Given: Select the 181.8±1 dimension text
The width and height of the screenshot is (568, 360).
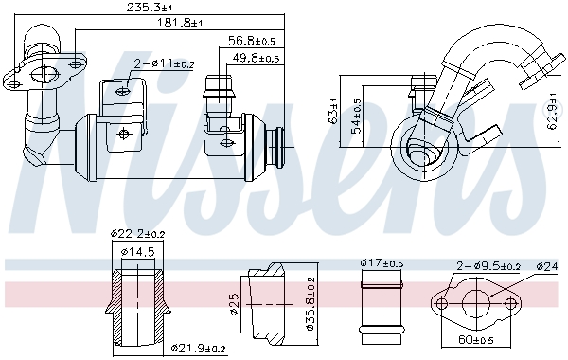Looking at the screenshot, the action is [179, 22].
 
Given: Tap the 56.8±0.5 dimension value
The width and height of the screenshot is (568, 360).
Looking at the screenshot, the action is [252, 41].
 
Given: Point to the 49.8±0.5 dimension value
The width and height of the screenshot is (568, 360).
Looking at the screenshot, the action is [256, 58].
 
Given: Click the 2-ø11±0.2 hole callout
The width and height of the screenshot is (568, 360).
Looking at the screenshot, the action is [164, 64].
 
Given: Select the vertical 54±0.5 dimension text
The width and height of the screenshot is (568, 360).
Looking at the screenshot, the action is [357, 116].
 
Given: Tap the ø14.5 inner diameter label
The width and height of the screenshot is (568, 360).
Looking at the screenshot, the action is [138, 251].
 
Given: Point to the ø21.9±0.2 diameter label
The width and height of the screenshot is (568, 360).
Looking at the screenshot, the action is [198, 349].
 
